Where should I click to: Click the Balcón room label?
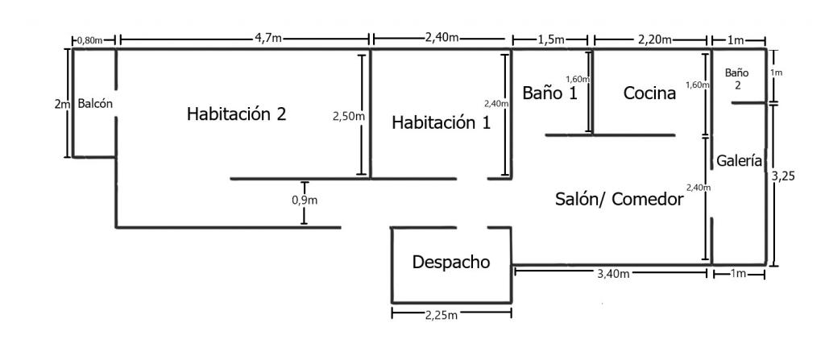(x=95, y=104)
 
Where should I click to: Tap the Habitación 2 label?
(x=236, y=114)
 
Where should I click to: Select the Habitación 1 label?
(x=441, y=123)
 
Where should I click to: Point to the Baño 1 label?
(x=549, y=93)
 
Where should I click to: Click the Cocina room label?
(x=649, y=93)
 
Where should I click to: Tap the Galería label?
(x=740, y=161)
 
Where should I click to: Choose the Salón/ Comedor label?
(x=620, y=200)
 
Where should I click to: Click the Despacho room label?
(x=450, y=262)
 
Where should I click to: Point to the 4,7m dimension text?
(x=268, y=37)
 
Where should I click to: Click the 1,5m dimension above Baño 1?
(x=550, y=38)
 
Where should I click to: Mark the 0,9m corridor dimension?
(x=305, y=201)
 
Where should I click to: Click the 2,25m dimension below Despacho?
(x=442, y=314)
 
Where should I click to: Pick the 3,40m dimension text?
(x=614, y=274)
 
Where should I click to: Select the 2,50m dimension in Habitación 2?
(x=348, y=117)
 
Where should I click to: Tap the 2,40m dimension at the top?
(x=442, y=37)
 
